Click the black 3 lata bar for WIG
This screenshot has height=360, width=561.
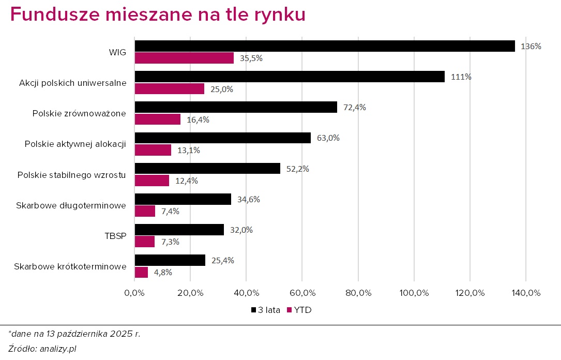click(x=325, y=46)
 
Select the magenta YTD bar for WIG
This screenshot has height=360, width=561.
click(x=184, y=58)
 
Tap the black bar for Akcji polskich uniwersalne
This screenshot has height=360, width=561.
click(x=290, y=77)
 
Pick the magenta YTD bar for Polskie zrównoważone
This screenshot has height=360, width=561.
click(x=158, y=119)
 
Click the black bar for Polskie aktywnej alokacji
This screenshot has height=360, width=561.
click(x=222, y=138)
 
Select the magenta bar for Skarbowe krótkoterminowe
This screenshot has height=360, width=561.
click(x=141, y=272)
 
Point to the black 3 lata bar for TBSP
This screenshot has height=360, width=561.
click(x=179, y=230)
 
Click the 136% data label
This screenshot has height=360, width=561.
click(x=531, y=46)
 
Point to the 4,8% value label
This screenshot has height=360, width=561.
click(x=162, y=272)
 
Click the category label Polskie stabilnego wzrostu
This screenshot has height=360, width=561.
click(x=71, y=174)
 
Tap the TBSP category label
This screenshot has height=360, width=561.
click(x=115, y=236)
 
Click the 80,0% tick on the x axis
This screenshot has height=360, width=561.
click(x=358, y=293)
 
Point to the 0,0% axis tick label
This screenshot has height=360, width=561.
click(x=134, y=293)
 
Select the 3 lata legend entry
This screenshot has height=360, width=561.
click(x=266, y=310)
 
